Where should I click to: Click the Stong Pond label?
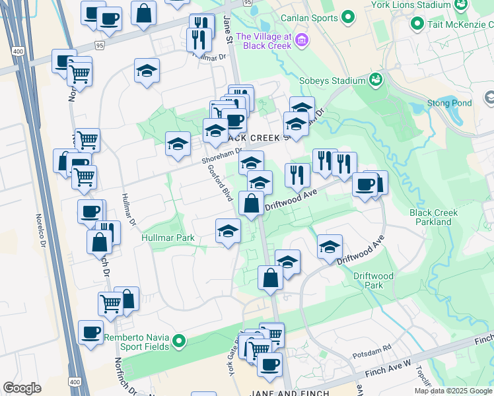point(449,103)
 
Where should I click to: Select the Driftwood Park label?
point(373,280)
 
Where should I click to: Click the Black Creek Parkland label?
point(433,217)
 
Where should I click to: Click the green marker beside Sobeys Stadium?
point(376,79)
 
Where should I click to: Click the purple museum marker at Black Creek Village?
point(302,41)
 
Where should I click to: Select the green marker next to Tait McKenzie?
point(417,24)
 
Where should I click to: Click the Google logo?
point(22,388)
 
